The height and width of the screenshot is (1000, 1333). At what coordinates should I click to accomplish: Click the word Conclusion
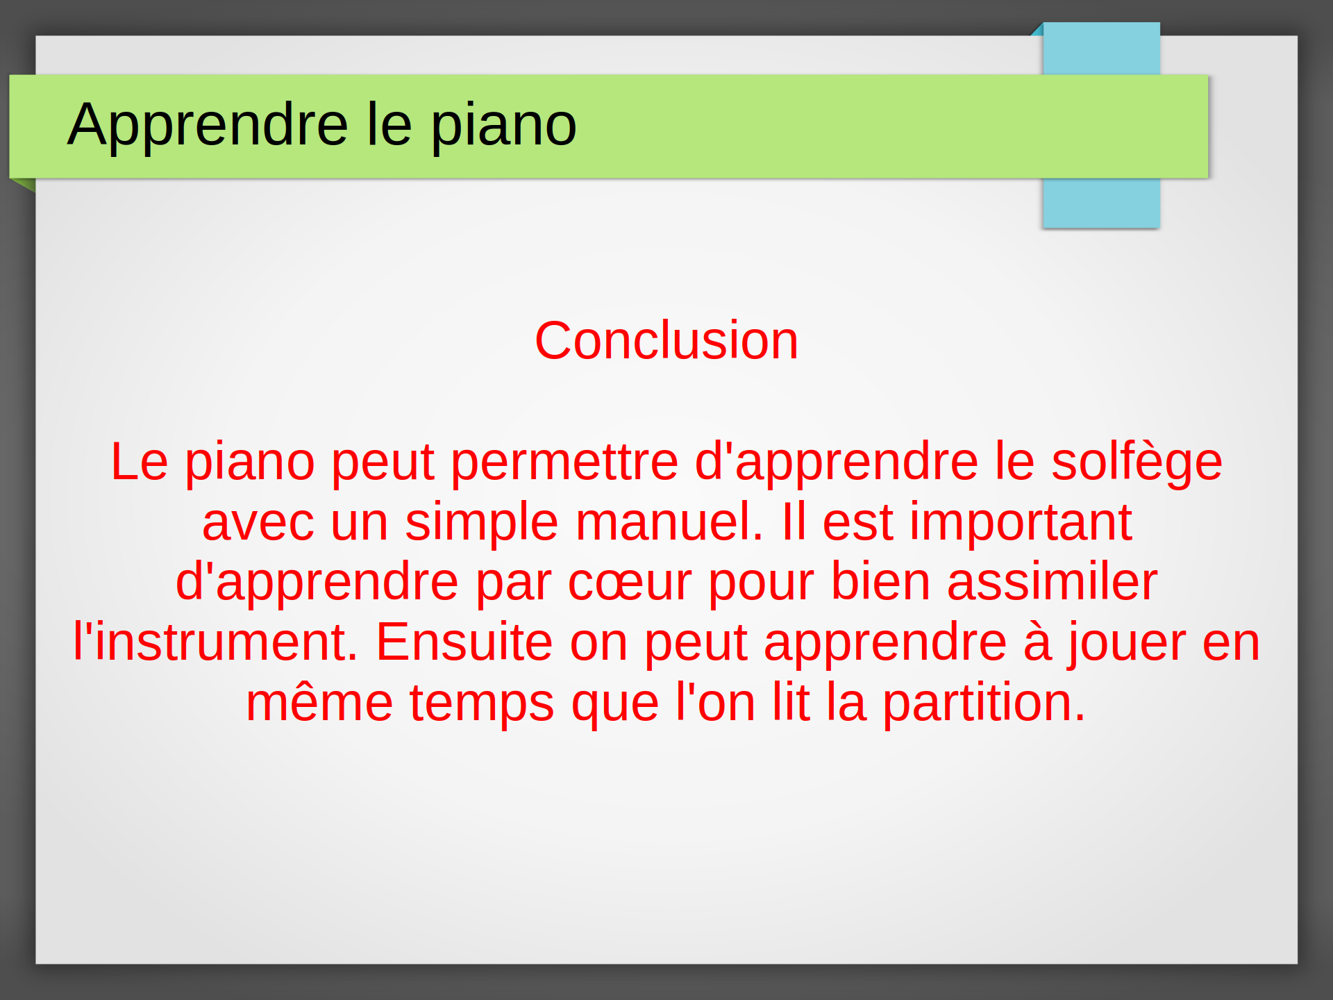(666, 340)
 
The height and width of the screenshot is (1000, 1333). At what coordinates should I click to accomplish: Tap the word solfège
(1137, 464)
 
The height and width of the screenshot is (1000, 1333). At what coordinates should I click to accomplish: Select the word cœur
(630, 583)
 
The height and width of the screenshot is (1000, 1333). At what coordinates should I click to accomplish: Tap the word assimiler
(1052, 582)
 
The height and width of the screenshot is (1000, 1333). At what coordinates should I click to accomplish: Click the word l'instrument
(216, 642)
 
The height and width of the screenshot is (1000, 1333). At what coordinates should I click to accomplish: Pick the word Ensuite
(464, 642)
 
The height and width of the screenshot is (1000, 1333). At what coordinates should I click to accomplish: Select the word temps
(482, 706)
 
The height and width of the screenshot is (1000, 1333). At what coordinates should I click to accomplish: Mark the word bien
(880, 582)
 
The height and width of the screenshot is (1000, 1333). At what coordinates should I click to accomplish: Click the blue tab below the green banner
(1101, 203)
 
